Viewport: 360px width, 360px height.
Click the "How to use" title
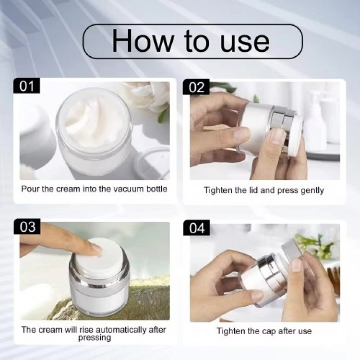pyautogui.click(x=191, y=41)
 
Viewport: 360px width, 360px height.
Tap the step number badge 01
pyautogui.click(x=27, y=86)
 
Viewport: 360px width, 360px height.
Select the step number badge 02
pyautogui.click(x=197, y=87)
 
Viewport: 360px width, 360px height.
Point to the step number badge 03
pyautogui.click(x=27, y=227)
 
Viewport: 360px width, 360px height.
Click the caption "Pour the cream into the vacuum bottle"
pyautogui.click(x=94, y=189)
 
